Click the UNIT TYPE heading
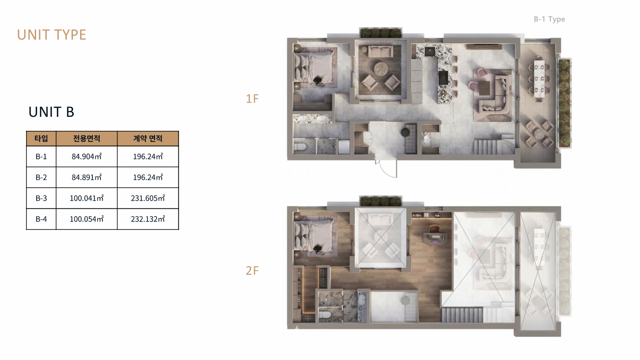pos(52,35)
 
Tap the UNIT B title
pos(52,112)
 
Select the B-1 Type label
pos(549,19)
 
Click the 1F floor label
pos(252,99)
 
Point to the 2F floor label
pos(252,271)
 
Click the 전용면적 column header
pos(87,138)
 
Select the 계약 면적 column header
pos(148,138)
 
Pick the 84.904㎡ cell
pos(87,156)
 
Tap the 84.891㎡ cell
pos(87,177)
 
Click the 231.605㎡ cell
pos(148,198)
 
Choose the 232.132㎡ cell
pos(148,219)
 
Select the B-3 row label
pos(41,198)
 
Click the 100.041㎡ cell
pos(87,198)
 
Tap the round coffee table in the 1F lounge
pos(381,69)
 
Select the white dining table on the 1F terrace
pos(539,79)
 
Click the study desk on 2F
pos(435,239)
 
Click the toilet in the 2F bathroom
pos(325,315)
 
